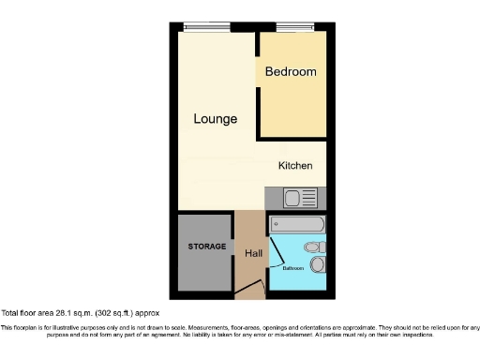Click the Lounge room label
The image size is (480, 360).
(216, 119)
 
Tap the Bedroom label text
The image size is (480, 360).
(291, 71)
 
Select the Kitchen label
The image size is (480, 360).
(295, 166)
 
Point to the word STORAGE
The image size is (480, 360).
(206, 247)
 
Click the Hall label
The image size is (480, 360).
(253, 253)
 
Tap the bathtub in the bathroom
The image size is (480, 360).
(296, 225)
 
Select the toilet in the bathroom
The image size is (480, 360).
(316, 247)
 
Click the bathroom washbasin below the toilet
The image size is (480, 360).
(318, 265)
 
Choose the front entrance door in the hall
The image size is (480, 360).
(247, 292)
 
